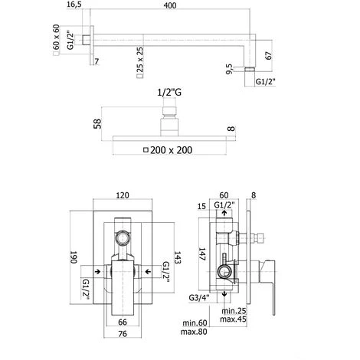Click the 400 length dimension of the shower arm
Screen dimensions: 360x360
point(170,5)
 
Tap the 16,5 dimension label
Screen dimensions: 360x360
point(74,5)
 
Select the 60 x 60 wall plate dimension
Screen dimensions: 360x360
point(56,37)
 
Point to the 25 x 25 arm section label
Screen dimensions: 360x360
point(140,60)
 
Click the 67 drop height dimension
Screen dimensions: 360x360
point(269,56)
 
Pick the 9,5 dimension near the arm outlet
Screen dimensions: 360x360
point(229,69)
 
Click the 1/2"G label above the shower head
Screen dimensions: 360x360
point(169,93)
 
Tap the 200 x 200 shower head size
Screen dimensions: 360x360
point(171,150)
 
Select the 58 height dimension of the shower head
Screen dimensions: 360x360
point(97,124)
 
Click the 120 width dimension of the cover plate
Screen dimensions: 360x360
point(123,195)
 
